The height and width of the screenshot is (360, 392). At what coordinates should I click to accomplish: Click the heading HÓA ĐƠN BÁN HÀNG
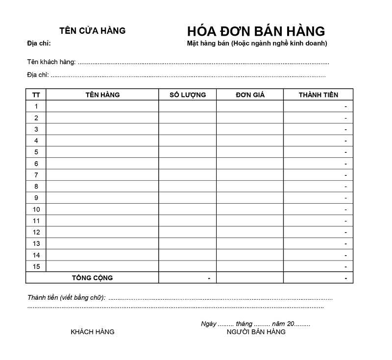pyautogui.click(x=256, y=31)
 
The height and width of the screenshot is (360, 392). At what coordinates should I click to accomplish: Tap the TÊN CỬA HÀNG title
pyautogui.click(x=92, y=30)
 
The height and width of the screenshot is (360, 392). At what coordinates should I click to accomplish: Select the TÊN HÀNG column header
pyautogui.click(x=102, y=95)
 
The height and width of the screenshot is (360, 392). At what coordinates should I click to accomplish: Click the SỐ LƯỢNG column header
pyautogui.click(x=188, y=95)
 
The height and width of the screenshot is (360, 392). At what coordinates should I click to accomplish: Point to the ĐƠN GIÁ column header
pyautogui.click(x=250, y=95)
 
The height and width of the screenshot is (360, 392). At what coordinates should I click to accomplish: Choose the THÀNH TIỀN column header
pyautogui.click(x=318, y=95)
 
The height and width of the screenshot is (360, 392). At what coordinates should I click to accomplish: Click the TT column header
pyautogui.click(x=36, y=95)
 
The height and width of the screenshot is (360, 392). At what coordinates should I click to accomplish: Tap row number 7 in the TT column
pyautogui.click(x=36, y=175)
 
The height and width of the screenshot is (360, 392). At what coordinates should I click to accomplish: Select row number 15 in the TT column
pyautogui.click(x=36, y=266)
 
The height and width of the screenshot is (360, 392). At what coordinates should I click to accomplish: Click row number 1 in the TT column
pyautogui.click(x=36, y=106)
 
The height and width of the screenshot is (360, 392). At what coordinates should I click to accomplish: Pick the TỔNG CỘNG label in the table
pyautogui.click(x=92, y=278)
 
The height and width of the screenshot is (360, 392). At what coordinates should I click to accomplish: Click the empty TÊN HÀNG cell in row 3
pyautogui.click(x=102, y=129)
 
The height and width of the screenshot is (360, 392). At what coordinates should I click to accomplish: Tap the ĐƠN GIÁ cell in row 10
pyautogui.click(x=250, y=209)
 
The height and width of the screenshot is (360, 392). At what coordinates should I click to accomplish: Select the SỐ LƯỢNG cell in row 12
pyautogui.click(x=188, y=232)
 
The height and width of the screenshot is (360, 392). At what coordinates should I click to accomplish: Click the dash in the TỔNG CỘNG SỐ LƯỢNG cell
pyautogui.click(x=209, y=278)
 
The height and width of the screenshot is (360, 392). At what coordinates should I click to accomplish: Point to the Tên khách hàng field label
pyautogui.click(x=51, y=62)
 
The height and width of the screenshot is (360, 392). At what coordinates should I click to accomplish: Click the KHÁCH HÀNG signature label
pyautogui.click(x=93, y=332)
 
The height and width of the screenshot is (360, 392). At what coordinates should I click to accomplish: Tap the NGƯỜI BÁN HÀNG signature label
pyautogui.click(x=256, y=332)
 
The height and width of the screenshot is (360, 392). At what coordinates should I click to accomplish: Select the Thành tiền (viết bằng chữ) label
pyautogui.click(x=67, y=297)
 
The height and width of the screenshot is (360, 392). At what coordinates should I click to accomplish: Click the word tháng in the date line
pyautogui.click(x=244, y=324)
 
